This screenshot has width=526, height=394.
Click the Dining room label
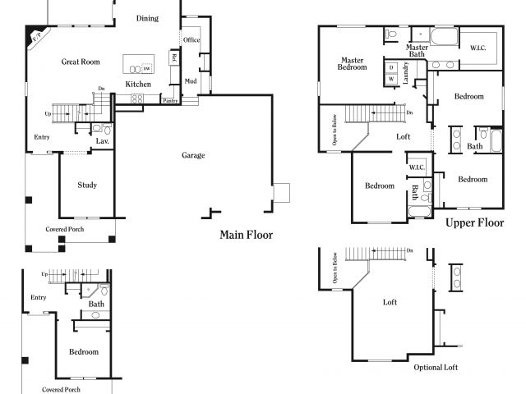147,18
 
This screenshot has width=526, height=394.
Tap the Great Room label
81,62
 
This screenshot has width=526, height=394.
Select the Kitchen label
137,84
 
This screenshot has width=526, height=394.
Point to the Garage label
193,155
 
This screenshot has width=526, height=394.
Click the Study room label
87,185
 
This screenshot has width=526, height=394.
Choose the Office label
191,39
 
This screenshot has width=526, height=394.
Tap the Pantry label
170,101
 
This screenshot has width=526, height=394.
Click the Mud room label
190,81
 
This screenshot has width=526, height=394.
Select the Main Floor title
246,235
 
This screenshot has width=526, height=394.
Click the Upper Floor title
474,222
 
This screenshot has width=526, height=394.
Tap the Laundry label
406,74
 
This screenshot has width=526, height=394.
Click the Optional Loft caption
436,367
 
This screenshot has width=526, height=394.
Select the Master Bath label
417,51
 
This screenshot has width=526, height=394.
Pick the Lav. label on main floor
102,141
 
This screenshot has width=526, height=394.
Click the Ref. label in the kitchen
174,57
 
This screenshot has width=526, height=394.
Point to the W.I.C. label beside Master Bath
478,47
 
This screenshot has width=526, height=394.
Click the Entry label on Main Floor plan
41,137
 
